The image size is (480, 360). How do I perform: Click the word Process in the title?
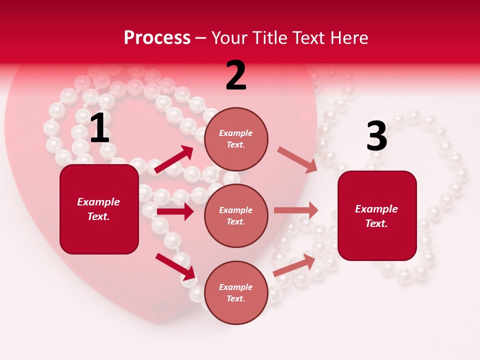click(157, 38)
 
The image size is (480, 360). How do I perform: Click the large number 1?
click(99, 128)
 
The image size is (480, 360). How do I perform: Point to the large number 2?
click(236, 75)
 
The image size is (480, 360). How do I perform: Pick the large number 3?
click(376, 136)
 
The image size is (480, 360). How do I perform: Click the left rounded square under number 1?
click(99, 209)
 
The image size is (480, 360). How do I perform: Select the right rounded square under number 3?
click(377, 215)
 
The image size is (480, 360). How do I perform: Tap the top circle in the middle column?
click(236, 139)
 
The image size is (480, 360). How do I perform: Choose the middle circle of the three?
click(236, 215)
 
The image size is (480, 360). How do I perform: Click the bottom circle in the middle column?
click(236, 292)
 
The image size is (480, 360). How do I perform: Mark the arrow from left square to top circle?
click(174, 159)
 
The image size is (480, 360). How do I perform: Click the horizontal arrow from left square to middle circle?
click(175, 211)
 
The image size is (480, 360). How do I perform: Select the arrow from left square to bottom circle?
click(175, 266)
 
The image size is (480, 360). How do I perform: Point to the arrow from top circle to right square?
click(297, 160)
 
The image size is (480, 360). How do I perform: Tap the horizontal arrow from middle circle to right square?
click(296, 210)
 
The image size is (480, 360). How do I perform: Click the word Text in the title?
click(309, 38)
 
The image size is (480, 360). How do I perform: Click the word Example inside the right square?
click(376, 209)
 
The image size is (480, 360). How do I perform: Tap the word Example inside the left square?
click(98, 202)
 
